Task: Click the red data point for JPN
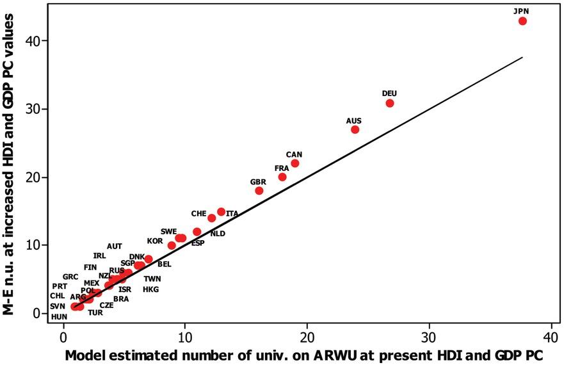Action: [522, 21]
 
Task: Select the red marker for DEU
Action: [390, 103]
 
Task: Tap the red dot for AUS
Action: [355, 129]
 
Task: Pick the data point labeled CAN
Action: [294, 163]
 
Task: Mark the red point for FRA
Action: [282, 177]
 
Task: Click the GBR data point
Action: [259, 191]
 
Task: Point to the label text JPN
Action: [522, 11]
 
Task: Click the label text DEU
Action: [389, 93]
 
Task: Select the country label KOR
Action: [155, 241]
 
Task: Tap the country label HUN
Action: [59, 317]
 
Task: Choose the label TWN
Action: [152, 279]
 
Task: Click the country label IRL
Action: [99, 256]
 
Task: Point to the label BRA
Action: [122, 299]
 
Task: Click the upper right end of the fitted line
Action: [522, 57]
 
